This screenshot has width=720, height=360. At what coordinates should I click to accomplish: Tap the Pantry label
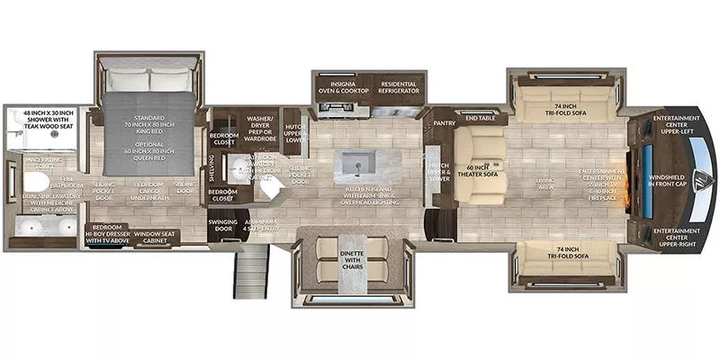[442, 121]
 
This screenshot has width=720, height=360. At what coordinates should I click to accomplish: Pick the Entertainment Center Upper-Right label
[677, 235]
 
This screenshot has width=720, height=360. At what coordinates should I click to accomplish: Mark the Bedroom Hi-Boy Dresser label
[106, 235]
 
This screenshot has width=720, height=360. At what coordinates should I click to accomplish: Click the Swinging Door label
[220, 225]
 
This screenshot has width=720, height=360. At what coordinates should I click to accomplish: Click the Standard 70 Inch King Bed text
[148, 124]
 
